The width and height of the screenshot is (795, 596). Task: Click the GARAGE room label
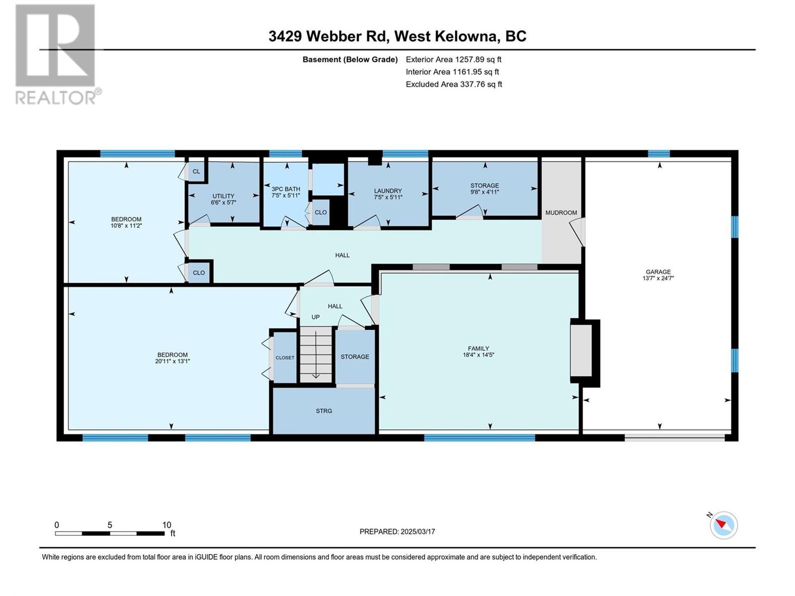coord(658,272)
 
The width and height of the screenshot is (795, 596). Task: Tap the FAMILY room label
coord(478,349)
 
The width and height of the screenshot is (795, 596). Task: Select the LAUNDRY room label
coord(388,191)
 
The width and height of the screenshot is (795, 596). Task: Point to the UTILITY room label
coord(223,196)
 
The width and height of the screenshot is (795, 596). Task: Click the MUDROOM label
coord(561,213)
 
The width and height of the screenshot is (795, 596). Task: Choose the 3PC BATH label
coord(286,189)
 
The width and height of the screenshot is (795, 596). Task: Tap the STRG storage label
coord(324,411)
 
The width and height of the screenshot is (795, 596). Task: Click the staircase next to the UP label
coord(316,354)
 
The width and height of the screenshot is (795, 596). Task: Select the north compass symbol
coord(723,525)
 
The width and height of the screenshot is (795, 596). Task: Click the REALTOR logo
coord(58,54)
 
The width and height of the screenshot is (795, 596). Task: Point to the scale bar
coord(110,533)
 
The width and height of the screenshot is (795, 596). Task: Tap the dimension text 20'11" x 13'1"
coord(172,361)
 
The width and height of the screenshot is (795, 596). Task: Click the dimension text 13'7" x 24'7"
coord(658,278)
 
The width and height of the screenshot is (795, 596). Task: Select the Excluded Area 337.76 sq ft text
coord(454,84)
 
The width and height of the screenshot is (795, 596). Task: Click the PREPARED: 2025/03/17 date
coord(397,531)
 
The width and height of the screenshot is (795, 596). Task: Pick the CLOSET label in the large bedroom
coord(285,358)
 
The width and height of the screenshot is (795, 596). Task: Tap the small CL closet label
coord(196,171)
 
